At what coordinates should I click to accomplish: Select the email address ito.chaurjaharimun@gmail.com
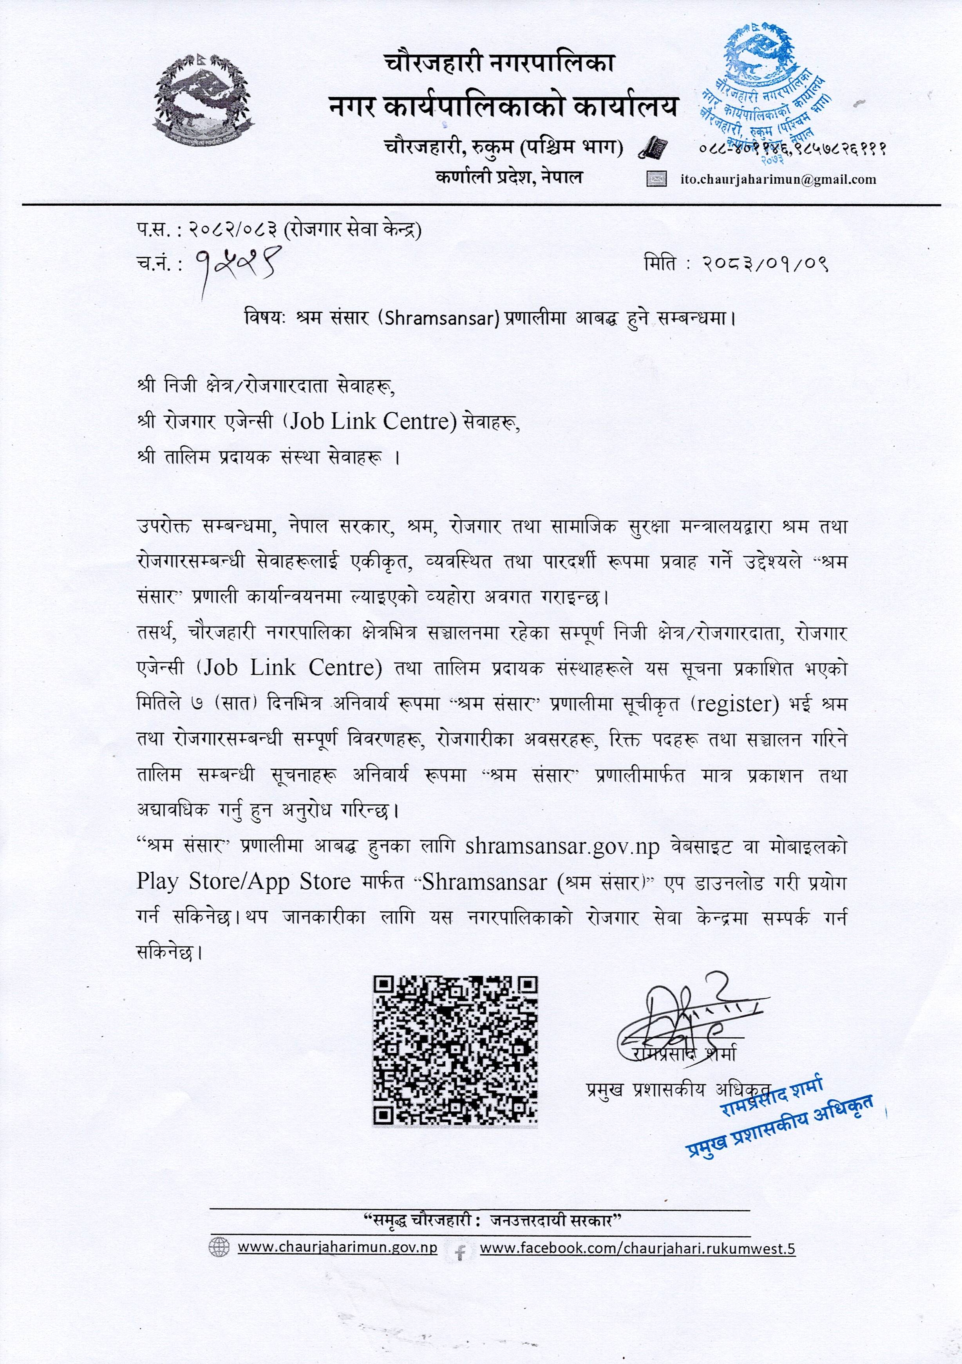point(778,179)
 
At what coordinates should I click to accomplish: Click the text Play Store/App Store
point(244,882)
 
